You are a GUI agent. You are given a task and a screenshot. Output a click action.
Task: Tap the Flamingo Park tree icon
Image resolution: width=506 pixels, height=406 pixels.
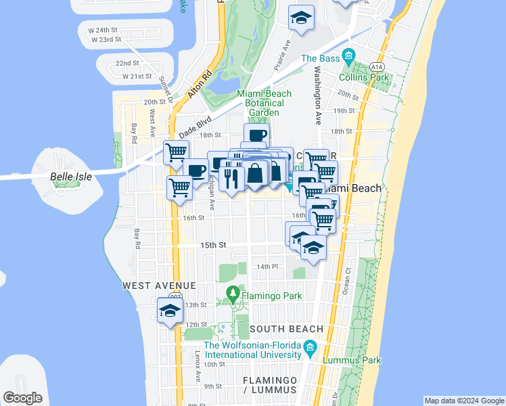pyautogui.click(x=233, y=294)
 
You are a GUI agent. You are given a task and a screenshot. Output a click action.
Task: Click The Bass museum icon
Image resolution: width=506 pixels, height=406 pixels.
pyautogui.click(x=348, y=55)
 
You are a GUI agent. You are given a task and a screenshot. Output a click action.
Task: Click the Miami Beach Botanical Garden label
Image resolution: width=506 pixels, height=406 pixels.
pyautogui.click(x=264, y=103)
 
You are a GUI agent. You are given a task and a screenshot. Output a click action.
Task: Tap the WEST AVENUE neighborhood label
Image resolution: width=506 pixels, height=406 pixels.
pyautogui.click(x=159, y=286)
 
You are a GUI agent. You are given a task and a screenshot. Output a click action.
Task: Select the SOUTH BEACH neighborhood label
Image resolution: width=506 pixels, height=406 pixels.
pyautogui.click(x=286, y=329)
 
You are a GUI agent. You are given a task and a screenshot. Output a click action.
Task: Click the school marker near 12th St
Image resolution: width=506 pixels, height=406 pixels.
pyautogui.click(x=170, y=311)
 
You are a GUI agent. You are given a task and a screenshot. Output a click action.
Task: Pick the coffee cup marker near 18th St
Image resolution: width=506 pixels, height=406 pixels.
pyautogui.click(x=257, y=135)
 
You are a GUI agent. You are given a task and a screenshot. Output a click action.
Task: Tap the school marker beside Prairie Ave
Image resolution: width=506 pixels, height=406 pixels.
pyautogui.click(x=301, y=18)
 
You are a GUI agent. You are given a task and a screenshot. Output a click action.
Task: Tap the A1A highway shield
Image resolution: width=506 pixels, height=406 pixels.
pyautogui.click(x=377, y=66)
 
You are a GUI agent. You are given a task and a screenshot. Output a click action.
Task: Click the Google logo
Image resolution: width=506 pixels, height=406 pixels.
pyautogui.click(x=23, y=398)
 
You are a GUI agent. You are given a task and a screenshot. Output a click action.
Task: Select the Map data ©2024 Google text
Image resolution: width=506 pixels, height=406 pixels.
pyautogui.click(x=463, y=401)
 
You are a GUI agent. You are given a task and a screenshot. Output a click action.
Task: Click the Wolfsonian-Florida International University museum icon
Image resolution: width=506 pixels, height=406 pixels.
pyautogui.click(x=310, y=349)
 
